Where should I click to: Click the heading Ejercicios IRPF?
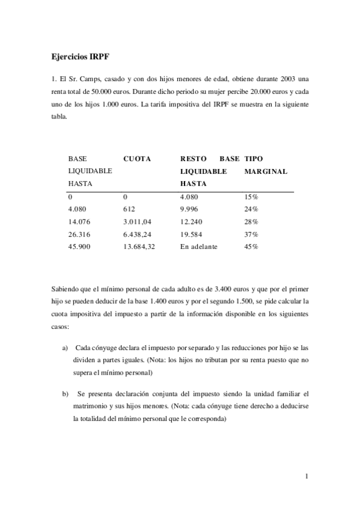pyautogui.click(x=81, y=57)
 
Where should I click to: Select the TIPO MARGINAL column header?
pyautogui.click(x=266, y=165)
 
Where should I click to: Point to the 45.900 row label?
pyautogui.click(x=79, y=247)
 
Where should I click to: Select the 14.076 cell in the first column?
pyautogui.click(x=79, y=221)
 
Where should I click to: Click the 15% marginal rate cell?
pyautogui.click(x=251, y=196)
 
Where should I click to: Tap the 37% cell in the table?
pyautogui.click(x=251, y=234)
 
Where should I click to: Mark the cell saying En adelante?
pyautogui.click(x=199, y=247)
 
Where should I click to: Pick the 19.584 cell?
pyautogui.click(x=192, y=234)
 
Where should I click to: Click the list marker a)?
pyautogui.click(x=65, y=349)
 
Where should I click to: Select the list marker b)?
pyautogui.click(x=65, y=394)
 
